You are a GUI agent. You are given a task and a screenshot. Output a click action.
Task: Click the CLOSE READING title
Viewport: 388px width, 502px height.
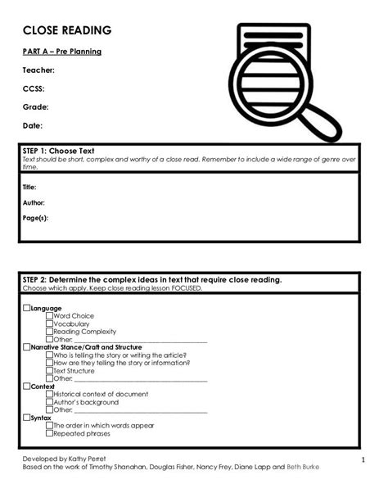66,30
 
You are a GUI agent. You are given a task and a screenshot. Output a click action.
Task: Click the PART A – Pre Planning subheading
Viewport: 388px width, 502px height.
62,52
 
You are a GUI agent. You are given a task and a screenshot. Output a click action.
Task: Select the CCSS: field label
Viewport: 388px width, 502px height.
34,88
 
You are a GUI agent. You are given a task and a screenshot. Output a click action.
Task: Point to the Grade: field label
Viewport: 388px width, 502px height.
36,107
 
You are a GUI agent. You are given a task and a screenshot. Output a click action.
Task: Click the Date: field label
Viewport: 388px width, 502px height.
33,126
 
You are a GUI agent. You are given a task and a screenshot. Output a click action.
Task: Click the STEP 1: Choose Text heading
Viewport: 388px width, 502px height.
58,152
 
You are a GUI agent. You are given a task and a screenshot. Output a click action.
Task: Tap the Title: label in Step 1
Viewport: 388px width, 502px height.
29,188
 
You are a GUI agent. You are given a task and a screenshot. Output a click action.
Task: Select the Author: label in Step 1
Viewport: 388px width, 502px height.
34,203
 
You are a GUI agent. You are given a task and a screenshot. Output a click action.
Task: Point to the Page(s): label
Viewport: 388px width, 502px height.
36,219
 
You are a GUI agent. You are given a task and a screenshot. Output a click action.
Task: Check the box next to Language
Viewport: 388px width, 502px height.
26,308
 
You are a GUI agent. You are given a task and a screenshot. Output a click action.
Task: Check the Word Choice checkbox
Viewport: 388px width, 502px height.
50,316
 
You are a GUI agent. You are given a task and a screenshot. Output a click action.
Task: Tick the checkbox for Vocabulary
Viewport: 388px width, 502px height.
50,323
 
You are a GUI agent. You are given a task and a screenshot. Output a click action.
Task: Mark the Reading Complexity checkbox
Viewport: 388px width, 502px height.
50,332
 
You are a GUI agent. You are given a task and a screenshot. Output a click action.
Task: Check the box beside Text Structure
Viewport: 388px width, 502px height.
50,371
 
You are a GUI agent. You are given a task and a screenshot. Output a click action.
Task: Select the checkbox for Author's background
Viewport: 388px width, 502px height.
50,402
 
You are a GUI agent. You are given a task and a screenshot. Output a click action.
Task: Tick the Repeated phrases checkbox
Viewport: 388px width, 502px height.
50,434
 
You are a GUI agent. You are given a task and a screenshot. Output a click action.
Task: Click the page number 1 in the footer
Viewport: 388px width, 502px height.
362,460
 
